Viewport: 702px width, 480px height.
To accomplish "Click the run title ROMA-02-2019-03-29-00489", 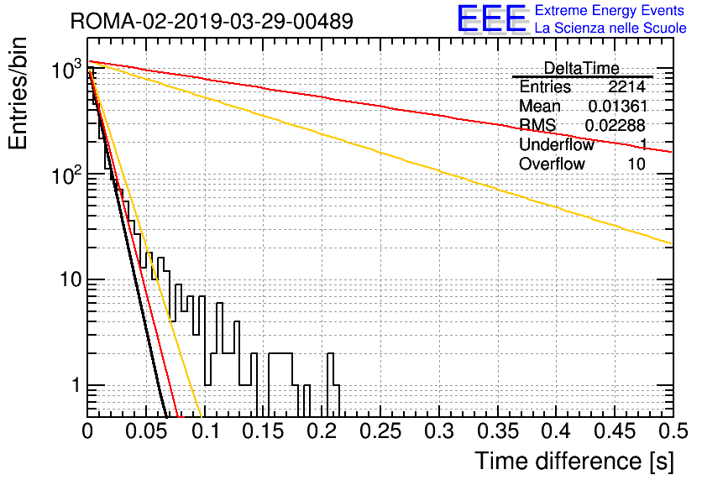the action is click(212, 21).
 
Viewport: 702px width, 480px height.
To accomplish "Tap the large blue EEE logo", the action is click(492, 18).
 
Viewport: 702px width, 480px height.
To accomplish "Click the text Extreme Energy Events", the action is click(610, 10).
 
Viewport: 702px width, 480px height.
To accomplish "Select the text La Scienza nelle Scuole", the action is click(610, 28).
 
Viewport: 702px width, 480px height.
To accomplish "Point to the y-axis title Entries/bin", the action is click(18, 93).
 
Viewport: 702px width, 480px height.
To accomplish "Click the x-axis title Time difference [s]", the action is click(574, 462).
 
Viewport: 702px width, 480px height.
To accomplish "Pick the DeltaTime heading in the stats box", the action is click(581, 68).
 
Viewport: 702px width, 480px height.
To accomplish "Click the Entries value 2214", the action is click(626, 86).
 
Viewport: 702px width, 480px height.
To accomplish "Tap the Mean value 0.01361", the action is click(617, 106).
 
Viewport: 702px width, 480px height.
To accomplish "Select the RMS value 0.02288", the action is click(616, 126).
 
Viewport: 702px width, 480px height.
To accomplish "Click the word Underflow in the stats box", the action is click(556, 144).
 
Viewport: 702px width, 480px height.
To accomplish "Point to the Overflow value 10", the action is click(637, 164).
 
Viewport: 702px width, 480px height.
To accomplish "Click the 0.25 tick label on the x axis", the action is click(380, 431).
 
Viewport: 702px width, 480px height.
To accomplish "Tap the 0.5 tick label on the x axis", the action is click(673, 431).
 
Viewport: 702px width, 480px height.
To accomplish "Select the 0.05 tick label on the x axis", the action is click(146, 431).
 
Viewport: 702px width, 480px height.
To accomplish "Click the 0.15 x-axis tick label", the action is click(264, 431).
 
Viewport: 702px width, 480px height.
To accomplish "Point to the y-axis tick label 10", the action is click(71, 279).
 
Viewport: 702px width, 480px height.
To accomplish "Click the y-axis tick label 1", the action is click(76, 384).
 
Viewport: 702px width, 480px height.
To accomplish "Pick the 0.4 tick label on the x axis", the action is click(557, 431).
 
